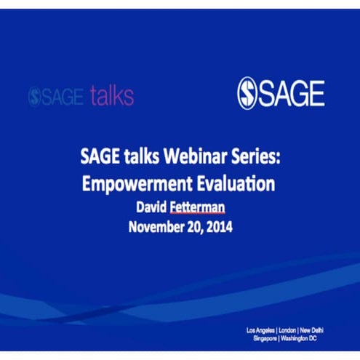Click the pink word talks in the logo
pos(111,95)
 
